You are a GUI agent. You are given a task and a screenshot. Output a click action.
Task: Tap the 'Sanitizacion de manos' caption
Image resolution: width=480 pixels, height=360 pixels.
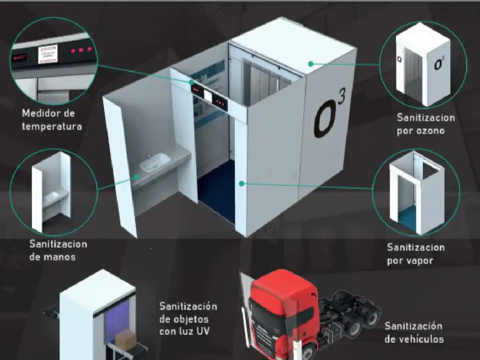[58, 250]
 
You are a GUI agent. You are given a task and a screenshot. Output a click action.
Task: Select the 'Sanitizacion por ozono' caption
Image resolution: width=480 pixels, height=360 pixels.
[426, 124]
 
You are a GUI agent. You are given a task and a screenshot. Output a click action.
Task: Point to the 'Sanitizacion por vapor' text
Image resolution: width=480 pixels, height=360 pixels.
[416, 254]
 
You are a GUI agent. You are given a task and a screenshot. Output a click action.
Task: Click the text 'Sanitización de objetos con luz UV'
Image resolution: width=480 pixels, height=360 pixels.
[188, 319]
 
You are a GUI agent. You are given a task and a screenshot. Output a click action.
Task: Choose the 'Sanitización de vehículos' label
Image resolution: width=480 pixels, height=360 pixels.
[414, 333]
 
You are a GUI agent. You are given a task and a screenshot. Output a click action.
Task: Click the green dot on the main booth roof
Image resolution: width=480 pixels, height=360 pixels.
[310, 63]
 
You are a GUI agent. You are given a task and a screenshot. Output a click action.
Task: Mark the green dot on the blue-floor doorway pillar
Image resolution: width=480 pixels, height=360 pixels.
[241, 183]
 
